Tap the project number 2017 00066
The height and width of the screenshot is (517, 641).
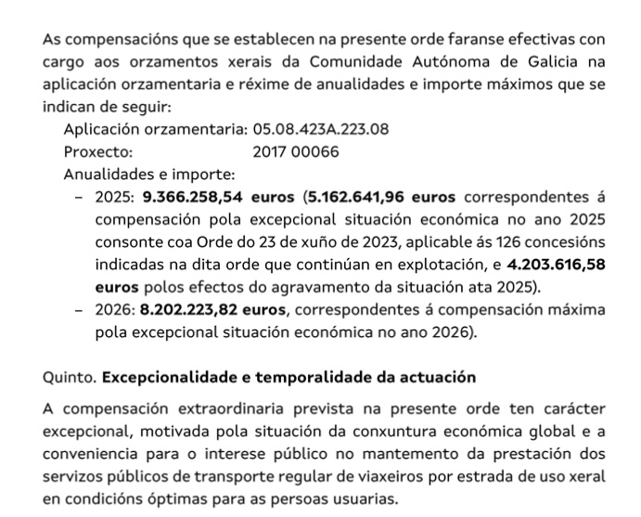pos(296,151)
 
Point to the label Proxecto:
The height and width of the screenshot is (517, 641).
pos(98,151)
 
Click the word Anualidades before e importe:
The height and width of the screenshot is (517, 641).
pos(110,174)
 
